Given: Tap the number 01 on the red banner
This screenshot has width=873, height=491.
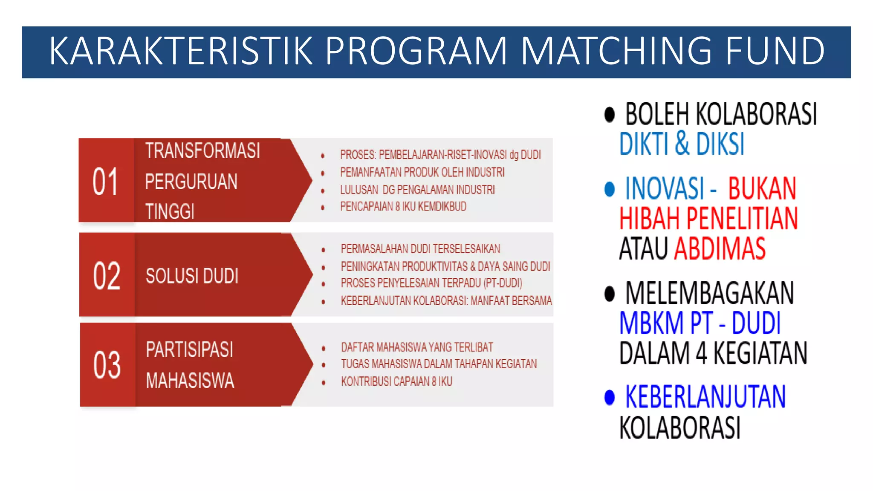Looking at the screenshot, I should coord(105,182).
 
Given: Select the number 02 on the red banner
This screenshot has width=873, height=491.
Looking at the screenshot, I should coord(106,276).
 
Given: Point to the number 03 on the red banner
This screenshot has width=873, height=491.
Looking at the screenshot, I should coord(107,365).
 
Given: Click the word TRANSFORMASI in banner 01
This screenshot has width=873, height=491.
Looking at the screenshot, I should coord(202,151).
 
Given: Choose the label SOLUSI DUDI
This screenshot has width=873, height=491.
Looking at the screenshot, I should coord(192,276).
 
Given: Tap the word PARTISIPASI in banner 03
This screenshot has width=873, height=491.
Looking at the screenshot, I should coord(189,350).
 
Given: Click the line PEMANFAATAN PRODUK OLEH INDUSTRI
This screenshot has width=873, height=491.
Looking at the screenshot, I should coord(422,172).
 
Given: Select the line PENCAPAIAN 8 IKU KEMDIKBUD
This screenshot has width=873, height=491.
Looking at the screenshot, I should coord(403,207).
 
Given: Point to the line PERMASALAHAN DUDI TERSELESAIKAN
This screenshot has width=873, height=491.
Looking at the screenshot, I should coord(420,249).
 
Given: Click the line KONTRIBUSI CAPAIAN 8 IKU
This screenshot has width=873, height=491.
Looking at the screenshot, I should coord(396,381).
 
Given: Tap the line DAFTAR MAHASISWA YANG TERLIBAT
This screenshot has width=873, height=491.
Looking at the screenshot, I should coord(417,347).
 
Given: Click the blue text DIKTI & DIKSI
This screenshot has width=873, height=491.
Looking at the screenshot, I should coord(682,144).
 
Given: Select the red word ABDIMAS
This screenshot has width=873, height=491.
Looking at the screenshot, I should coord(720,249).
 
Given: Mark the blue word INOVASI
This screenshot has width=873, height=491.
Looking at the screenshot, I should coord(664,188).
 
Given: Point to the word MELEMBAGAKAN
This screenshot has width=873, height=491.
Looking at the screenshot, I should coord(709,293).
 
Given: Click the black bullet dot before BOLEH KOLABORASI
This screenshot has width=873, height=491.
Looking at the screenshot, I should coord(610,115).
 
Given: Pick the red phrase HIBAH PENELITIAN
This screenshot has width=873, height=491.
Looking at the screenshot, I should coord(708,219).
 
